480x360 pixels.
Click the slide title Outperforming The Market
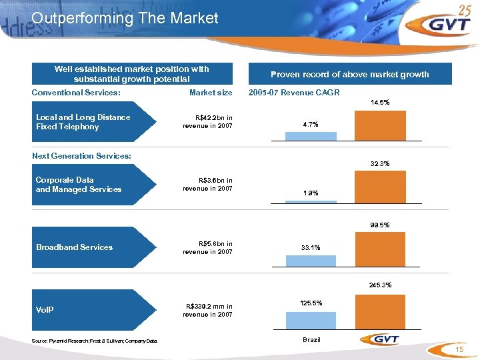(x=125, y=18)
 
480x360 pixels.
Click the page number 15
(x=459, y=351)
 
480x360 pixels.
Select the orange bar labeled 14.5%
(x=379, y=125)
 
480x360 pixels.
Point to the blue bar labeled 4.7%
(x=311, y=136)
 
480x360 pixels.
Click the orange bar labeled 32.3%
(x=379, y=186)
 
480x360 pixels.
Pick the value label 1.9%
(x=311, y=193)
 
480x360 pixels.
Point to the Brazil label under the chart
(x=311, y=340)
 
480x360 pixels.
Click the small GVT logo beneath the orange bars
(x=379, y=339)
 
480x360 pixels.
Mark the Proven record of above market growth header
(x=349, y=74)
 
